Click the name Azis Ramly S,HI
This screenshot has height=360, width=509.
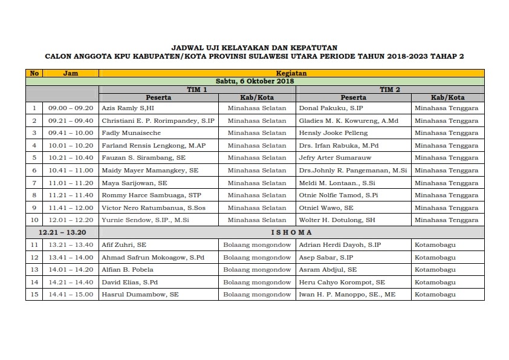pos(128,108)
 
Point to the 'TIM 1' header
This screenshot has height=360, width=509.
pos(197,89)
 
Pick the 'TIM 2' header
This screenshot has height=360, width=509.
pos(390,89)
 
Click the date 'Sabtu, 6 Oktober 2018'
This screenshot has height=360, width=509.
pos(254,81)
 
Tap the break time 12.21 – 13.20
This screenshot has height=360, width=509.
pos(63,232)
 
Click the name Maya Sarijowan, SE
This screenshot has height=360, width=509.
pos(134,183)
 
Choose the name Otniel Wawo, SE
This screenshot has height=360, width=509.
pos(326,208)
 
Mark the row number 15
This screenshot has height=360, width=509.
pos(34,295)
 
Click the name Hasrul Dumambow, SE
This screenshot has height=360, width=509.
pos(140,295)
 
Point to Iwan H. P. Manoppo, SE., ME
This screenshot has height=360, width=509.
pos(347,295)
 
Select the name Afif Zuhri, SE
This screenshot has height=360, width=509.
pos(124,244)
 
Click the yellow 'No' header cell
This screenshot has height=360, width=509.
pos(34,73)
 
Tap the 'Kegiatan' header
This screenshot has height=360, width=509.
pos(291,73)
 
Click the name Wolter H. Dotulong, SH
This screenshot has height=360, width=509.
pos(337,220)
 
